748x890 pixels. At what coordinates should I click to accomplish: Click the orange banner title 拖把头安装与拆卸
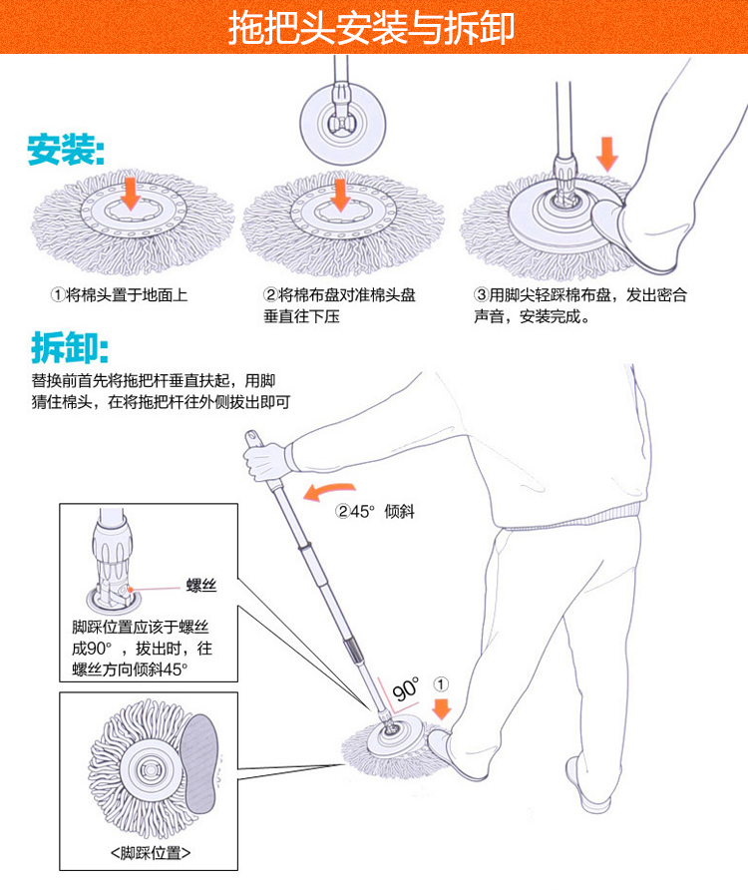(x=373, y=27)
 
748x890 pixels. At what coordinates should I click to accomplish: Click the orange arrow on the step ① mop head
(x=130, y=192)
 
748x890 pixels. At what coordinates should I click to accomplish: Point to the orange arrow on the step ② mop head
(x=341, y=193)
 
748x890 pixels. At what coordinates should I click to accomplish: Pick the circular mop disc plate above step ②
(x=342, y=123)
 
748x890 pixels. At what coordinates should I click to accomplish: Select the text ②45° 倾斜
(x=375, y=512)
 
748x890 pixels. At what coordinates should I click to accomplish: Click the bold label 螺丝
(x=200, y=586)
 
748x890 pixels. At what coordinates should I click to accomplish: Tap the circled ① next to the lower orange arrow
(x=442, y=685)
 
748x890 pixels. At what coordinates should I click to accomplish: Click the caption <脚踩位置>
(x=150, y=854)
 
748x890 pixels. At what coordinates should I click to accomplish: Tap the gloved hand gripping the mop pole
(x=265, y=460)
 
